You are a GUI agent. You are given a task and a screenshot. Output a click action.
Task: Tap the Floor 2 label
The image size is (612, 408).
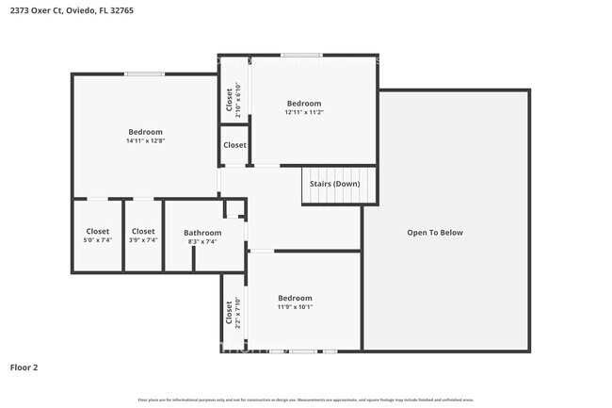[x=24, y=367]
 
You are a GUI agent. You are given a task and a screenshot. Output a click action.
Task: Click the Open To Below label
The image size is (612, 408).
[x=434, y=232]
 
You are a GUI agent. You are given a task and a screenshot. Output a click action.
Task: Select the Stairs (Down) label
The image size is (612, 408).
[x=338, y=184]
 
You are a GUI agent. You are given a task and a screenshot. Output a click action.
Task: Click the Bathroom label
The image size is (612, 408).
[x=202, y=233]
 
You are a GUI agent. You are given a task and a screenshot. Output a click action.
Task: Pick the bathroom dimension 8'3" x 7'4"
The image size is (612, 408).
[x=202, y=242]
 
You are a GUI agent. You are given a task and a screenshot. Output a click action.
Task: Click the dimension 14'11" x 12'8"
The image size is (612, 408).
[x=145, y=141]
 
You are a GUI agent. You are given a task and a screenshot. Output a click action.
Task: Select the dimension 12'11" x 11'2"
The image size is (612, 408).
[x=304, y=112]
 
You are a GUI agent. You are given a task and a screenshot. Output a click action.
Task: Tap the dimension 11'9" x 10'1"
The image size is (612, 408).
[x=295, y=307]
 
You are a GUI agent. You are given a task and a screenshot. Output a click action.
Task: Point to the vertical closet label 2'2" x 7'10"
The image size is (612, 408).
[x=229, y=313]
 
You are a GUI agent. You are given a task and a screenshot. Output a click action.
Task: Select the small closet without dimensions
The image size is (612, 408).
[x=234, y=146]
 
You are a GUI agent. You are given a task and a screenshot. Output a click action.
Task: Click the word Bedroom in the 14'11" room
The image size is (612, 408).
[x=145, y=132]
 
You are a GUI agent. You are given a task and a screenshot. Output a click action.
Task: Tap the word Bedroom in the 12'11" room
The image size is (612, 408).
[x=304, y=103]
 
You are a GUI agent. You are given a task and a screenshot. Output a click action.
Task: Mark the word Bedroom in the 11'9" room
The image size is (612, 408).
[x=295, y=298]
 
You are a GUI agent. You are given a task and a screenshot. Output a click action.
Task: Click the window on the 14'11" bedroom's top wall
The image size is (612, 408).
[x=145, y=74]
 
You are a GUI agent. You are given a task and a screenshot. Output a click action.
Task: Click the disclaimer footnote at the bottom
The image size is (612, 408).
[x=306, y=400]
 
